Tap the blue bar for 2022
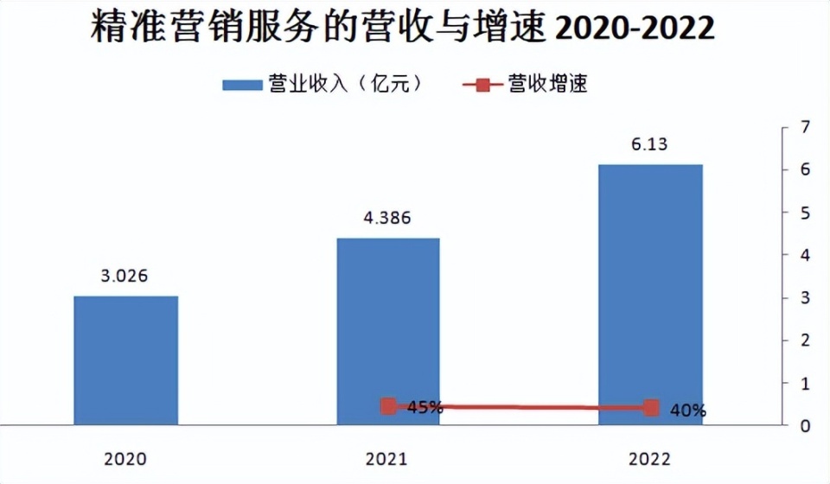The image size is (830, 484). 650,294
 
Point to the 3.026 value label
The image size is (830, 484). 124,277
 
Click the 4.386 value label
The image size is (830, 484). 386,218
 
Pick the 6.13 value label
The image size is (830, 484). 650,144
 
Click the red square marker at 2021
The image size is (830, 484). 388,406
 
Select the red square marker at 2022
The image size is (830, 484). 651,408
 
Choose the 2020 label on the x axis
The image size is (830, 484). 125,458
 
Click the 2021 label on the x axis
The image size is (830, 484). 387,458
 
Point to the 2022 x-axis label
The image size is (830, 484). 650,458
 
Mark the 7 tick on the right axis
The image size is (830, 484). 804,128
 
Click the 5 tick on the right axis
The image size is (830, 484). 804,213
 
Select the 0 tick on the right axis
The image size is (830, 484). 804,426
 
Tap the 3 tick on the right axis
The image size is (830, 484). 804,298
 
